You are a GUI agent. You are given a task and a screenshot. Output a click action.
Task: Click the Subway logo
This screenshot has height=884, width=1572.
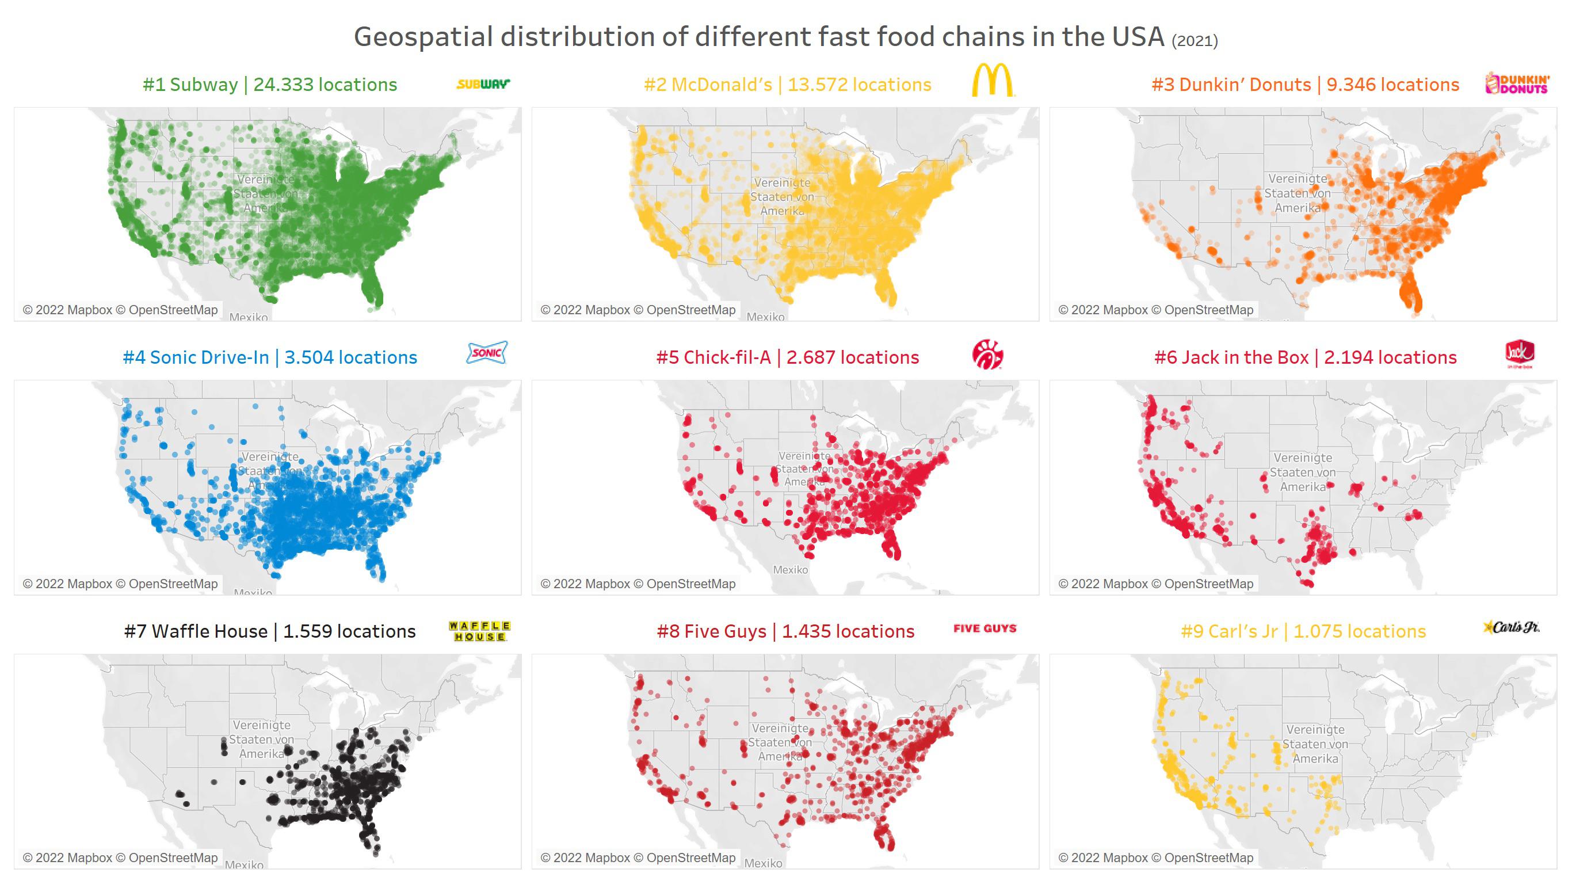483,83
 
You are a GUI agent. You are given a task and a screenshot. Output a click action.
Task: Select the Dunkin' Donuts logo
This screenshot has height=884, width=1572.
1517,83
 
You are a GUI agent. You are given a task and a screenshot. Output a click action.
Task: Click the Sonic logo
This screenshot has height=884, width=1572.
486,352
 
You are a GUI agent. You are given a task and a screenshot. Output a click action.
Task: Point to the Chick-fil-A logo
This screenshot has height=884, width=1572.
987,355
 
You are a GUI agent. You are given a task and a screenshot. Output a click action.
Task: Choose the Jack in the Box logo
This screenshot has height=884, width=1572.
1520,353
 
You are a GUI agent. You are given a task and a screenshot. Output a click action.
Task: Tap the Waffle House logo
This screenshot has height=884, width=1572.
479,631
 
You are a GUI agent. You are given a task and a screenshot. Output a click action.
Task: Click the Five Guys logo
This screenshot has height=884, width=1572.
985,629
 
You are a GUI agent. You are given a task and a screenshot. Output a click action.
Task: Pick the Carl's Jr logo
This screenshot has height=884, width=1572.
1512,627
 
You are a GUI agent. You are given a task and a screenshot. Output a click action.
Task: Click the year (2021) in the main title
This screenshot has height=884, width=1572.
1195,41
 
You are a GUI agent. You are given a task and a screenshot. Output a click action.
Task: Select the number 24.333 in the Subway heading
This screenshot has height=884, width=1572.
283,85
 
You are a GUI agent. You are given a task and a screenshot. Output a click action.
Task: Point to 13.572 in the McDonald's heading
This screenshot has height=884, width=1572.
817,85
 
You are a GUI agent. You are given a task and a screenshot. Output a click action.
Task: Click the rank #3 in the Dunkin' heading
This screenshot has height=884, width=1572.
1162,85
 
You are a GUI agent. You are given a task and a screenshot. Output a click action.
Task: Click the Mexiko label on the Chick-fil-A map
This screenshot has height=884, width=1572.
790,570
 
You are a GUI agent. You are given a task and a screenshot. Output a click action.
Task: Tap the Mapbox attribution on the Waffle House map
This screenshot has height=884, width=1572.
74,858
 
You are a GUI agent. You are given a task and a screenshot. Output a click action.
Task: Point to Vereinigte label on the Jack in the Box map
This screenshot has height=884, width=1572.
1303,458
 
